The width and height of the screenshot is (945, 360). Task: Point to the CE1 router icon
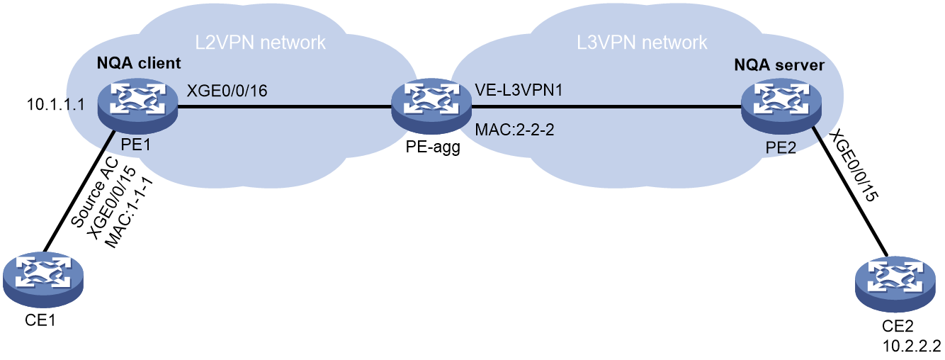[43, 279]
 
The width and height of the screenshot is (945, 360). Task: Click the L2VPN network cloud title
[260, 43]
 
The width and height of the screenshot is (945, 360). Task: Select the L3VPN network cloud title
[642, 43]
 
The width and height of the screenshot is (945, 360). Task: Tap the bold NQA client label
[139, 63]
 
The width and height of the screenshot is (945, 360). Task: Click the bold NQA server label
[779, 65]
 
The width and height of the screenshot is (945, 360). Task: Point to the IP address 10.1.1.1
[56, 104]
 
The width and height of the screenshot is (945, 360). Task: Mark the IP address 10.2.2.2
[912, 346]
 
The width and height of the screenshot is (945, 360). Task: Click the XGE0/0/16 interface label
[227, 91]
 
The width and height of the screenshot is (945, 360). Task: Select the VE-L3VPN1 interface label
[519, 90]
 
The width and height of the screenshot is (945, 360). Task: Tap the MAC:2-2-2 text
[514, 130]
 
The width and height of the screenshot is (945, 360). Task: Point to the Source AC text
[94, 193]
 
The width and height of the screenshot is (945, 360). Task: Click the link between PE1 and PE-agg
[285, 107]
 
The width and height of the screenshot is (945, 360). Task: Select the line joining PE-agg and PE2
[606, 107]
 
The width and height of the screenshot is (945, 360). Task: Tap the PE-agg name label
[433, 147]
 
